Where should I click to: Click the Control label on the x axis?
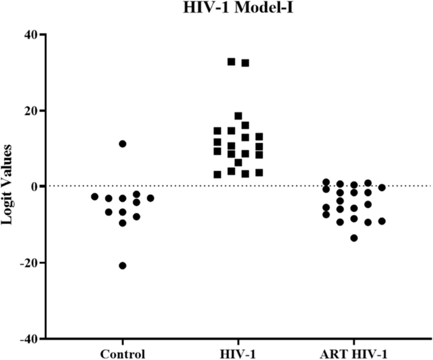pos(123,353)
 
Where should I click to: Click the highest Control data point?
pos(123,144)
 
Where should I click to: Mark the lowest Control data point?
pos(123,265)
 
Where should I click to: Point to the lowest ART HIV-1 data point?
pos(354,238)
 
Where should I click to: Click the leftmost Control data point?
pos(95,197)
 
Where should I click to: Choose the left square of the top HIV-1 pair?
pos(231,61)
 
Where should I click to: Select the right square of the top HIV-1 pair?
pos(245,63)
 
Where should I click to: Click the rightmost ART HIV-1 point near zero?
pos(382,187)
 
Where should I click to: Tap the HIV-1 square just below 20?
pos(238,116)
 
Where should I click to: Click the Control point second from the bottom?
pos(123,223)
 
